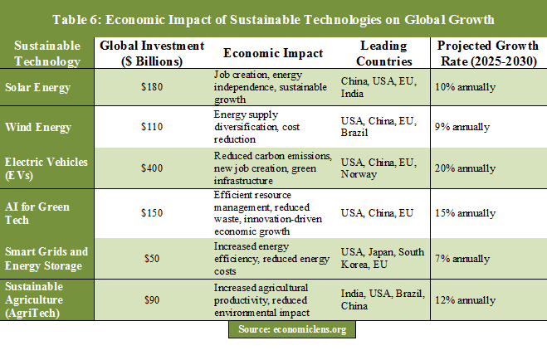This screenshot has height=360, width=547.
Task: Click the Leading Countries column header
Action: (x=383, y=53)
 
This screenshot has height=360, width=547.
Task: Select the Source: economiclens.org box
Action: (x=291, y=329)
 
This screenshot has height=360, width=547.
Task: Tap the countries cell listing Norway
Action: (x=382, y=168)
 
